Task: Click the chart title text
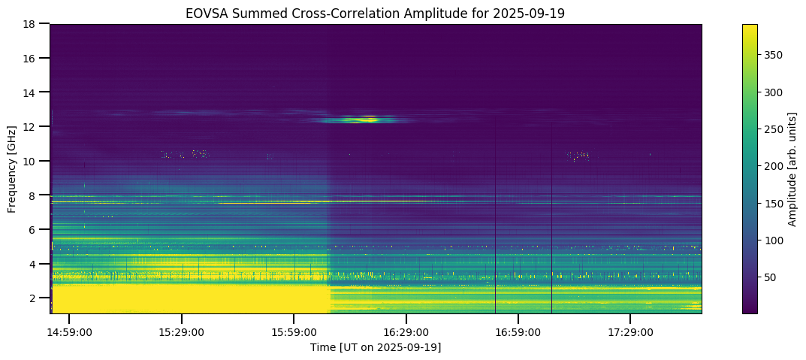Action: point(376,13)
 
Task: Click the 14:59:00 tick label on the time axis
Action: point(69,332)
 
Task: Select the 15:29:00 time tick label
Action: point(181,332)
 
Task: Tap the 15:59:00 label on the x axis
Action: point(294,332)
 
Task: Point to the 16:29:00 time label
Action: point(406,332)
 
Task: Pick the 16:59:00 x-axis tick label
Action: point(519,332)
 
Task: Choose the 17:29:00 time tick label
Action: point(631,332)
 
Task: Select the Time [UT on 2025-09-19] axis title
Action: point(376,347)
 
